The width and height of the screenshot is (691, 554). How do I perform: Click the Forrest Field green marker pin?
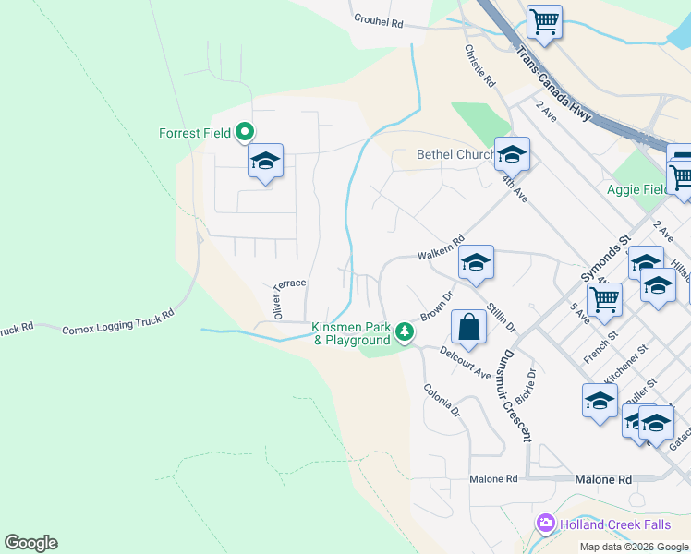point(245,133)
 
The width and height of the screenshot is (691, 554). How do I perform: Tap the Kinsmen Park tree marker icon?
point(404,331)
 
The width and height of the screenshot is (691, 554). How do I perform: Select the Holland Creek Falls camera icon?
point(546,524)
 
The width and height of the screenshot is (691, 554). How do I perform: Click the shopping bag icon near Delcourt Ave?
point(468,327)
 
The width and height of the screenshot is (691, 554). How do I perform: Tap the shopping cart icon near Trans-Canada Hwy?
point(544,20)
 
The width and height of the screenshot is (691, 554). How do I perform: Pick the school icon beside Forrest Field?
point(265,162)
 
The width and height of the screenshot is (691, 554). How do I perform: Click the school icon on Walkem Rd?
point(476,263)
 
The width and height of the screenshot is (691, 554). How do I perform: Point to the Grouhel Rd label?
point(379,19)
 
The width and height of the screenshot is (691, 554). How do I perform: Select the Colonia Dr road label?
point(442,401)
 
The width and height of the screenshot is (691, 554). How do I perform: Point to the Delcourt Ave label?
point(465,361)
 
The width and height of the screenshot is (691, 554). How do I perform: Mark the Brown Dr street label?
point(437,306)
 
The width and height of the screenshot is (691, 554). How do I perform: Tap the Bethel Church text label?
point(455,154)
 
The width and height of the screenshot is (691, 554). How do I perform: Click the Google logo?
point(30,543)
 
